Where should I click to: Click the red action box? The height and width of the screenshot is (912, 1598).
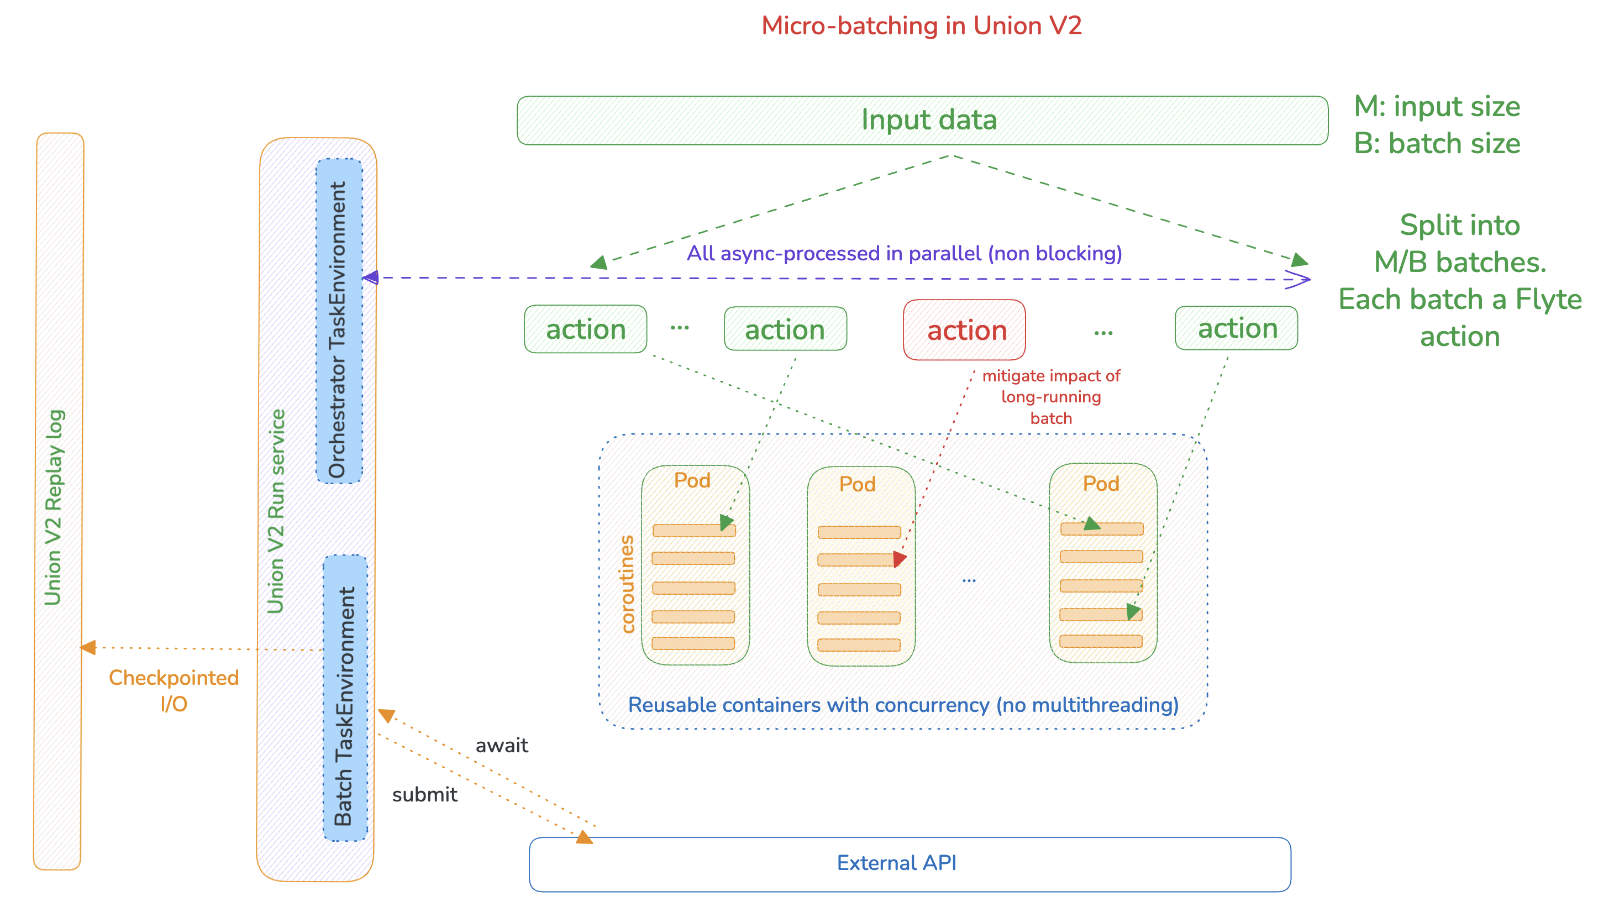click(964, 330)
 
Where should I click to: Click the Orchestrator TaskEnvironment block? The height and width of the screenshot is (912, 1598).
click(339, 321)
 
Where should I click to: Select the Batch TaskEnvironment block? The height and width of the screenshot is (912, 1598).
click(344, 698)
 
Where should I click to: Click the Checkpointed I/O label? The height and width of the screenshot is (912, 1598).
click(174, 690)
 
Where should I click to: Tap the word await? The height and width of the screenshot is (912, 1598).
click(502, 746)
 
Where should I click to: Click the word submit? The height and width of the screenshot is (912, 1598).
click(424, 794)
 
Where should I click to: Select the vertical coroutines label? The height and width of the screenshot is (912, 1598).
click(627, 584)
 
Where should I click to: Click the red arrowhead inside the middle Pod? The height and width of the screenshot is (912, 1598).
click(899, 558)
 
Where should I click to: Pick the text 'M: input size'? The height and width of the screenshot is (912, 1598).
click(1437, 107)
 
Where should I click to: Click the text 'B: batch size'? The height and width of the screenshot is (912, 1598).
click(1437, 144)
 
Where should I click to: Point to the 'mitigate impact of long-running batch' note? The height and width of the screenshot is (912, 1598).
click(1051, 396)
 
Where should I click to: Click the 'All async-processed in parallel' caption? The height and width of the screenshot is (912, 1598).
click(903, 253)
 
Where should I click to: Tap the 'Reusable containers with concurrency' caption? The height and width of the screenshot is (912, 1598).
click(902, 705)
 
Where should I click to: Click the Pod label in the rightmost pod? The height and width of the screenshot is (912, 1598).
click(1100, 484)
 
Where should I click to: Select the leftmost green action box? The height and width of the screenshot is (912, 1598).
click(585, 329)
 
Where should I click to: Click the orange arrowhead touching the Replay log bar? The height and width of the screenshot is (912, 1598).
click(88, 647)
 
